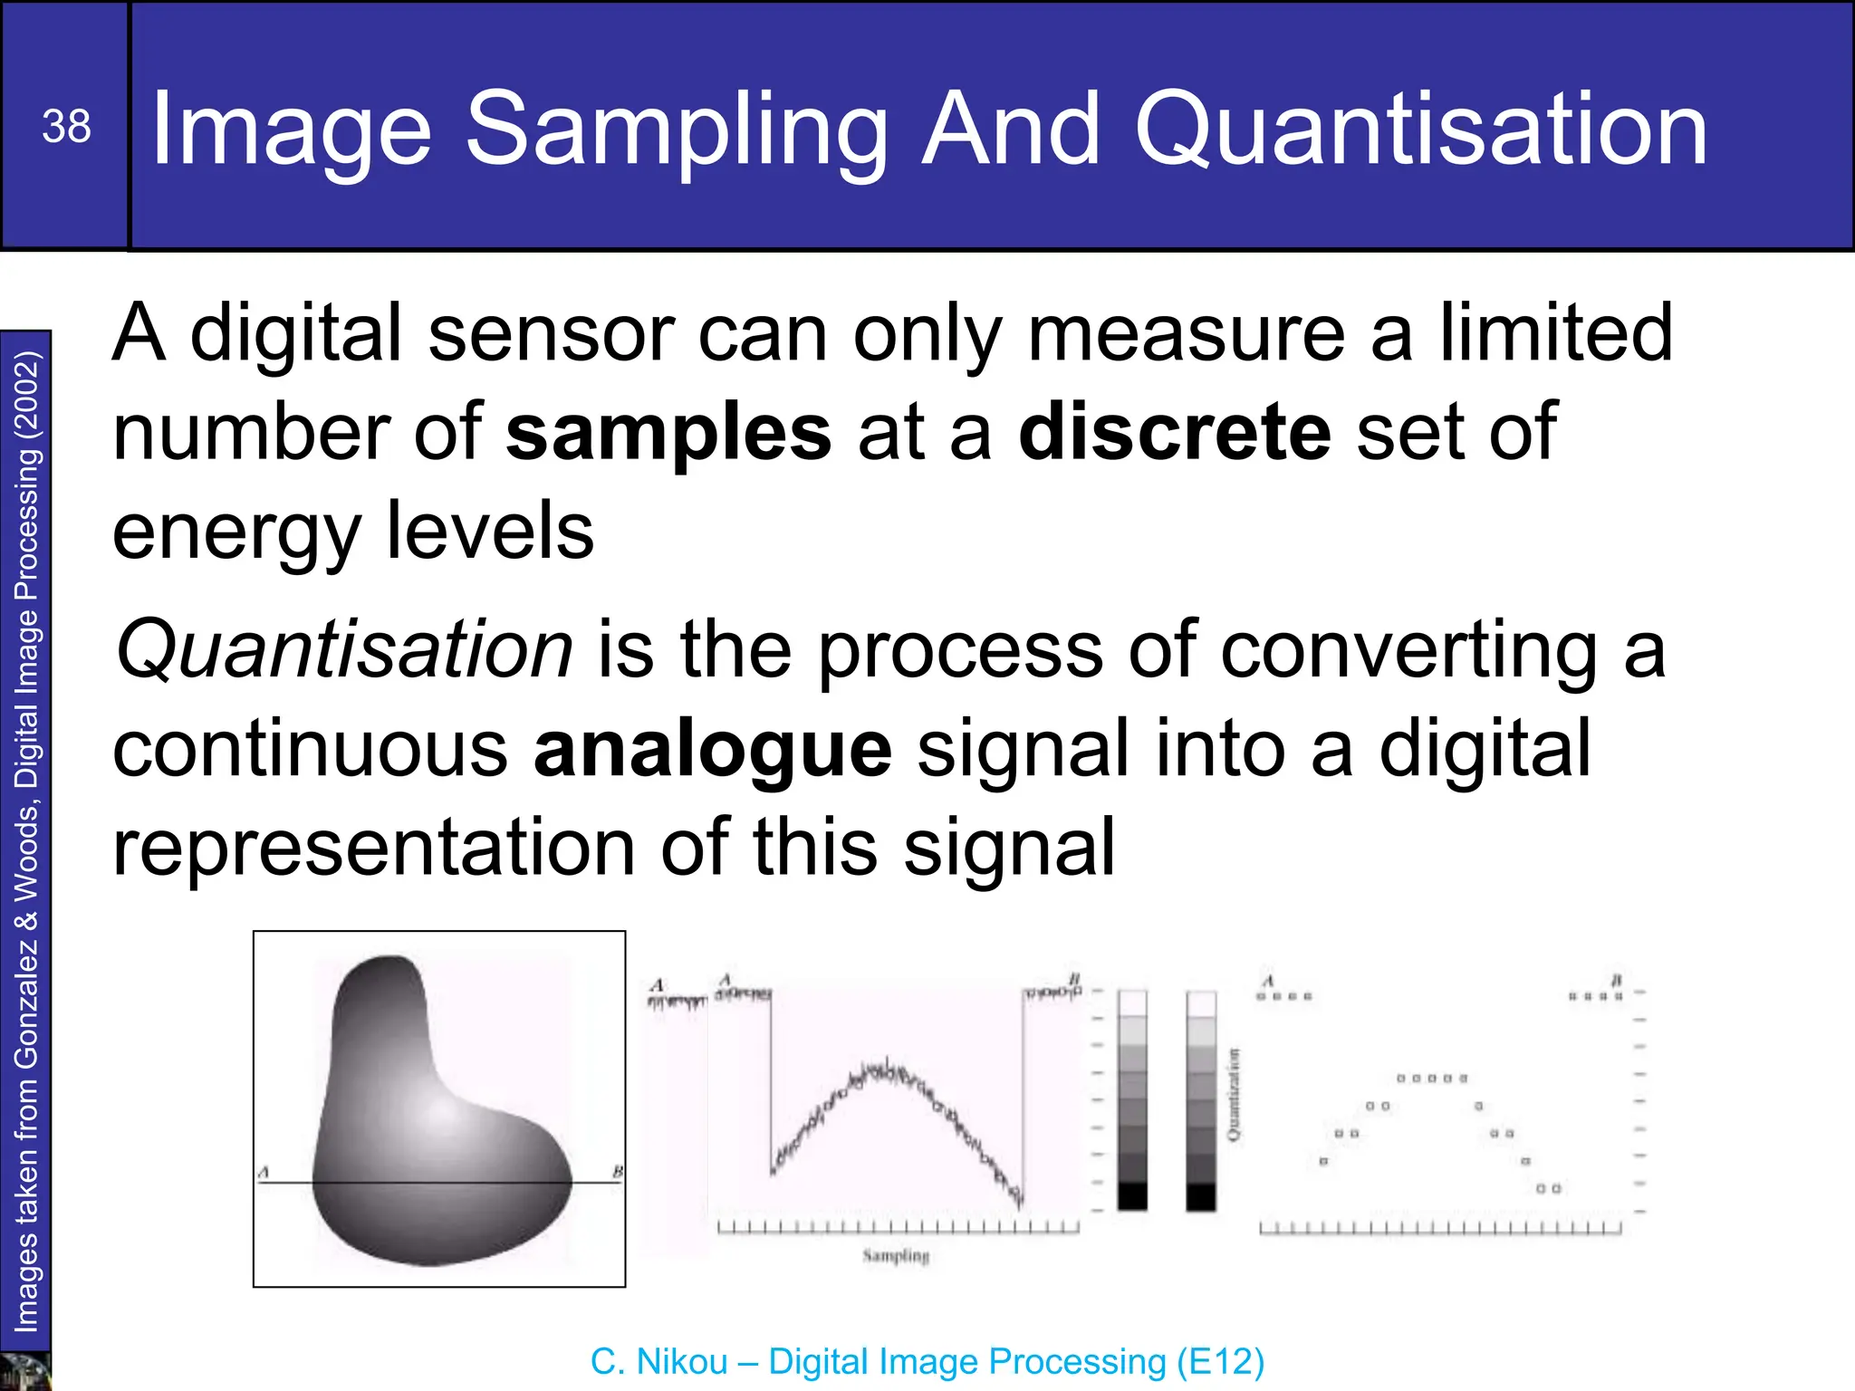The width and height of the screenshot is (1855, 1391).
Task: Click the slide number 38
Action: coord(66,127)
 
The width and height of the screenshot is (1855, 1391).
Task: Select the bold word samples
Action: coord(668,434)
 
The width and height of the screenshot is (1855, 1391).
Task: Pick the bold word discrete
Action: coord(1175,432)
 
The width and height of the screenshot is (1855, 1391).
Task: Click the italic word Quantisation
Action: coord(344,649)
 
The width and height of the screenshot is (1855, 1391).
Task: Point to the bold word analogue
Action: coord(713,751)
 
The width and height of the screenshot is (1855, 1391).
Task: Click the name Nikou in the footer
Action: coord(682,1362)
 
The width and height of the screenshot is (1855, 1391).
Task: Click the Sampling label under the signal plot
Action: coord(896,1256)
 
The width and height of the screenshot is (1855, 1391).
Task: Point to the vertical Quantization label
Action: coord(1234,1095)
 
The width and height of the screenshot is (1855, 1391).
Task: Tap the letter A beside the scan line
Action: coord(264,1173)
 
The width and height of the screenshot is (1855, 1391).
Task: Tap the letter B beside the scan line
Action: coord(617,1173)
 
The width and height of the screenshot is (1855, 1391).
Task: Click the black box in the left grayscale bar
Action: coord(1132,1195)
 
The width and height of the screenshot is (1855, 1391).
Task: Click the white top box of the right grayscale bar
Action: coord(1201,1003)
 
